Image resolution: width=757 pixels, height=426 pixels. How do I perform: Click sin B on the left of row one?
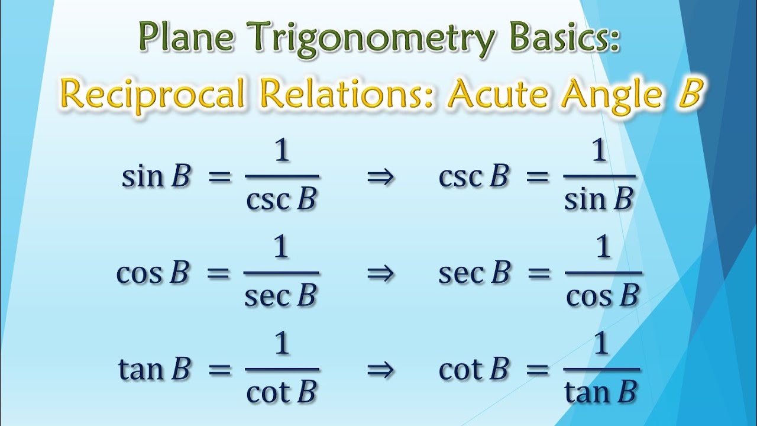point(156,177)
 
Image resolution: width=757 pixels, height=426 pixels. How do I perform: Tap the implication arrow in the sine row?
point(380,177)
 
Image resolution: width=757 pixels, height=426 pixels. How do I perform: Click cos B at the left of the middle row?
point(153,273)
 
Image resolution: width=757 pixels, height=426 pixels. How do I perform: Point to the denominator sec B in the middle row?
point(281,296)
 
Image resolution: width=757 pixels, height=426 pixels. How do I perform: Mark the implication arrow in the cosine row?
point(380,274)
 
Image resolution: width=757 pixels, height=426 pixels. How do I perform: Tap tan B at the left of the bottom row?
point(154,369)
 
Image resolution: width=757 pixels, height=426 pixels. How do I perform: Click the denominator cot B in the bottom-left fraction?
point(282,392)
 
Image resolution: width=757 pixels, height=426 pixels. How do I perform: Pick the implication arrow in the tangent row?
point(380,370)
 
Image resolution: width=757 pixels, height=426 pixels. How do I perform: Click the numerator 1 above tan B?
point(601,345)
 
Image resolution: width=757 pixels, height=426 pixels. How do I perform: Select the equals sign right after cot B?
point(537,370)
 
